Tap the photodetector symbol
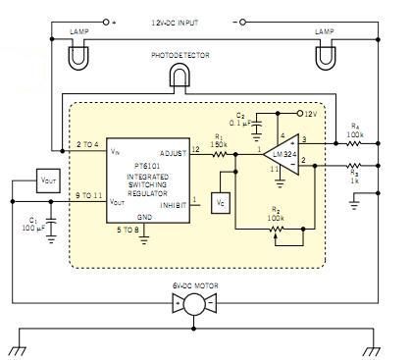[x=179, y=76]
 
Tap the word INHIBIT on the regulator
[x=172, y=203]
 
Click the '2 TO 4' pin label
[x=86, y=146]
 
